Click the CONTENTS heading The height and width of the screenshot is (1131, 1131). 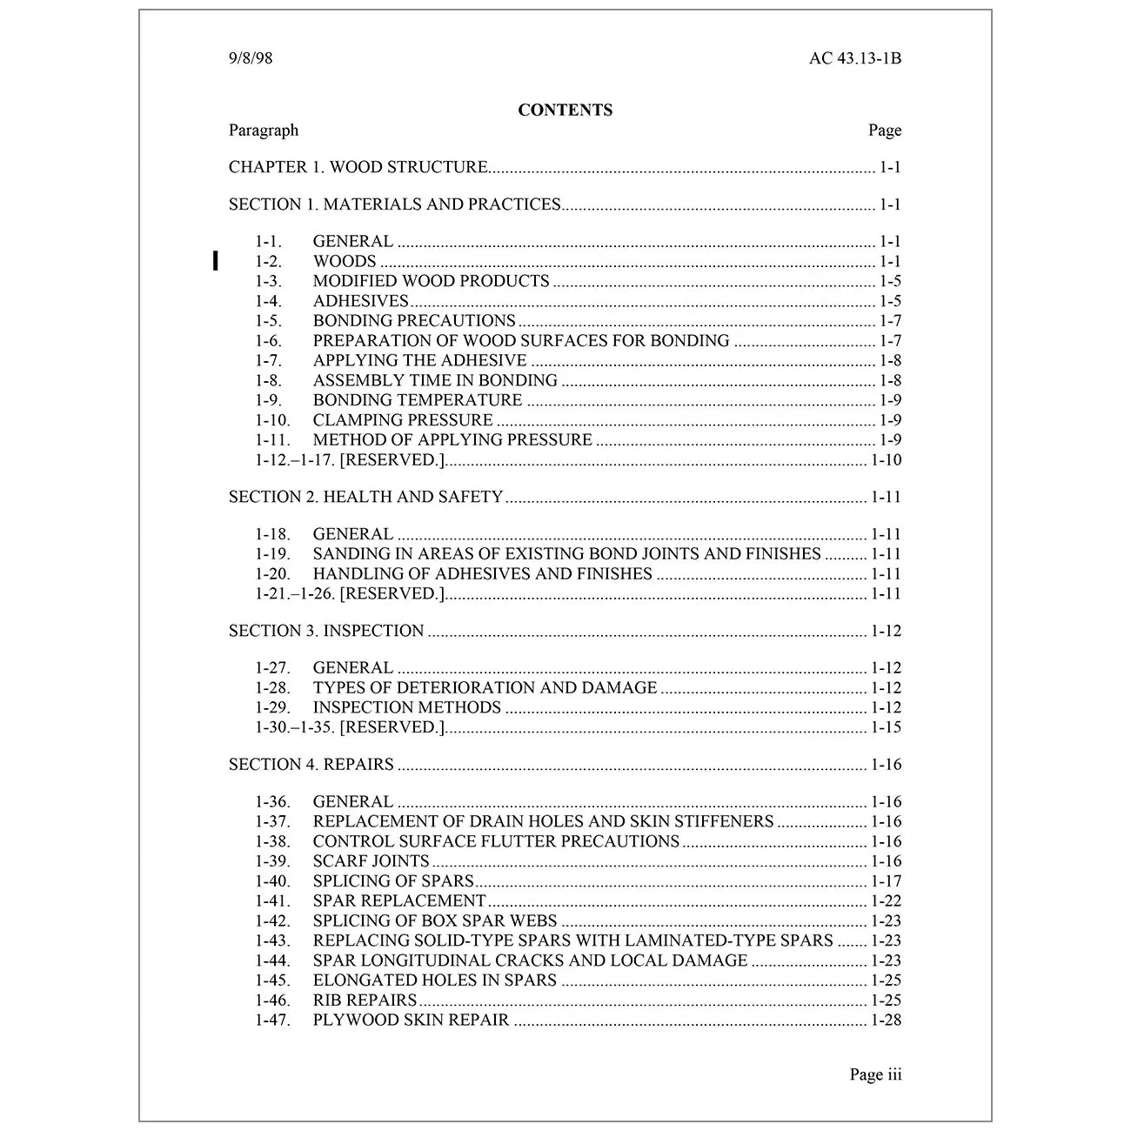tap(565, 110)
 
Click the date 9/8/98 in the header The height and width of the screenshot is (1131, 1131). tap(251, 59)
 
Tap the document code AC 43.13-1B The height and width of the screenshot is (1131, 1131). tap(854, 59)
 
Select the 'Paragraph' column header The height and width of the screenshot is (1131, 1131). tap(264, 130)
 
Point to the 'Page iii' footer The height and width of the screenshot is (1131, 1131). tap(875, 1074)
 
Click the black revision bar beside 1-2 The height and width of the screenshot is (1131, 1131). tap(215, 261)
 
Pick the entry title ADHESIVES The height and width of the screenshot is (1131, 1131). tap(360, 301)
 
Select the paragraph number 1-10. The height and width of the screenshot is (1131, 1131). tap(272, 420)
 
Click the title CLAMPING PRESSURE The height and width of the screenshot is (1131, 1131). tap(403, 420)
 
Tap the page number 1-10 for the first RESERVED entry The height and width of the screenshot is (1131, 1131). tap(886, 460)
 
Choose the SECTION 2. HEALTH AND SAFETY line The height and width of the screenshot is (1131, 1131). tap(365, 497)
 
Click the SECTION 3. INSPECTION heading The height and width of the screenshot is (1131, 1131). tap(326, 631)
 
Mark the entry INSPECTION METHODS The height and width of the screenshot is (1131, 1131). tap(407, 707)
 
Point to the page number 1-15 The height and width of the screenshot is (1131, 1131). tap(886, 727)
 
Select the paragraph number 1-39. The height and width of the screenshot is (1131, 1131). tap(272, 861)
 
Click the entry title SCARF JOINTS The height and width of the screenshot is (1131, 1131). tap(371, 861)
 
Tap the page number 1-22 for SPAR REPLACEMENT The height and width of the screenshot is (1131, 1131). tap(886, 901)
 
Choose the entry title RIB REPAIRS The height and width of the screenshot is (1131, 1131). tap(365, 1000)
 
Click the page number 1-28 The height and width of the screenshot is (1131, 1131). tap(886, 1021)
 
